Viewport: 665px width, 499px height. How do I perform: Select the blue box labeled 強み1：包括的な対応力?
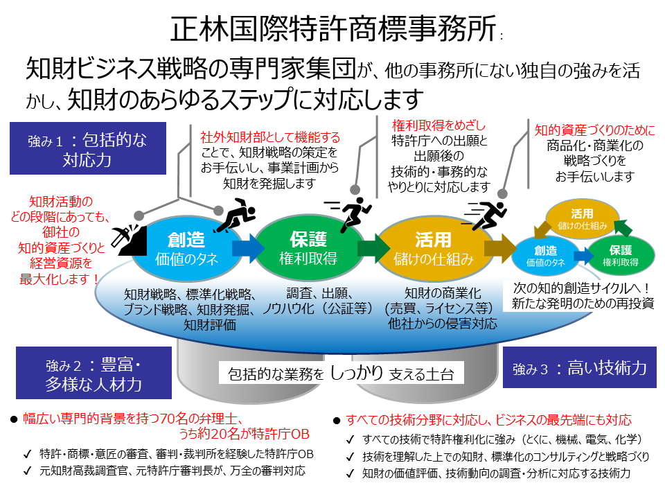click(89, 150)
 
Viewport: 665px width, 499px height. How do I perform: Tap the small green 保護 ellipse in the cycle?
click(621, 256)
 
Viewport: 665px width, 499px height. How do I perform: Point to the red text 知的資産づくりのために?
click(595, 130)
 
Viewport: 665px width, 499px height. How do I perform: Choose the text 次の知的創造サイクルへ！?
click(583, 287)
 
